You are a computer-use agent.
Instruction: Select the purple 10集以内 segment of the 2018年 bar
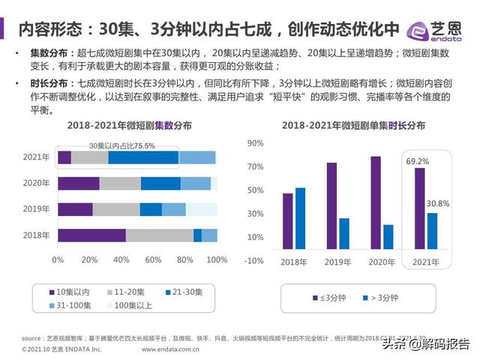[91, 235]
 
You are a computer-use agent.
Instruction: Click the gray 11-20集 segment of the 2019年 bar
[116, 209]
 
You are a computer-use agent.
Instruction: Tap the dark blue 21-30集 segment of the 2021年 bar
[143, 157]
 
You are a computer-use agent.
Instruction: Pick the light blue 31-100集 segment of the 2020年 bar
[196, 184]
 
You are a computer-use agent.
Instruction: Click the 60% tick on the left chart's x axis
[153, 259]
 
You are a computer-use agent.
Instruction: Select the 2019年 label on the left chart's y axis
[36, 209]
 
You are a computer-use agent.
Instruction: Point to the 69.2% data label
[418, 161]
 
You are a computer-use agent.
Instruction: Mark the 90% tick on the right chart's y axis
[255, 142]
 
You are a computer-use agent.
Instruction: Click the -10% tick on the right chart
[253, 260]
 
